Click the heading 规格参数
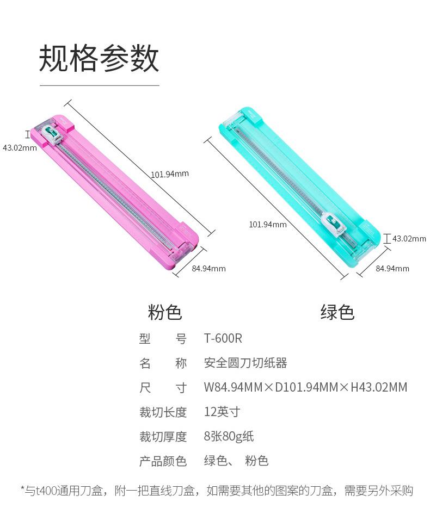(x=99, y=59)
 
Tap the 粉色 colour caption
(x=165, y=312)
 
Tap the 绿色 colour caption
(x=337, y=312)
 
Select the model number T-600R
(x=223, y=338)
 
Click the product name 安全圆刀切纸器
(x=245, y=363)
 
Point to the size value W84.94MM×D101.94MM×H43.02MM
(x=305, y=387)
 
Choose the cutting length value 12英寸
(x=222, y=412)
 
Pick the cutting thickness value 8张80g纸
(x=229, y=436)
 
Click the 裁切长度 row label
(x=163, y=412)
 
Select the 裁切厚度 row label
(x=163, y=436)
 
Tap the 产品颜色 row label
(x=163, y=461)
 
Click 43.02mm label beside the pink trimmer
(x=20, y=147)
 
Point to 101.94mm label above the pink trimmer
(x=170, y=174)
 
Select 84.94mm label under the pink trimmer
(x=208, y=268)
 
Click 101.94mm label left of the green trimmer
(x=268, y=224)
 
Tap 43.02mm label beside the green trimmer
(x=409, y=238)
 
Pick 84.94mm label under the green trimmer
(x=392, y=268)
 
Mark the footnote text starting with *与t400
(x=217, y=491)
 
